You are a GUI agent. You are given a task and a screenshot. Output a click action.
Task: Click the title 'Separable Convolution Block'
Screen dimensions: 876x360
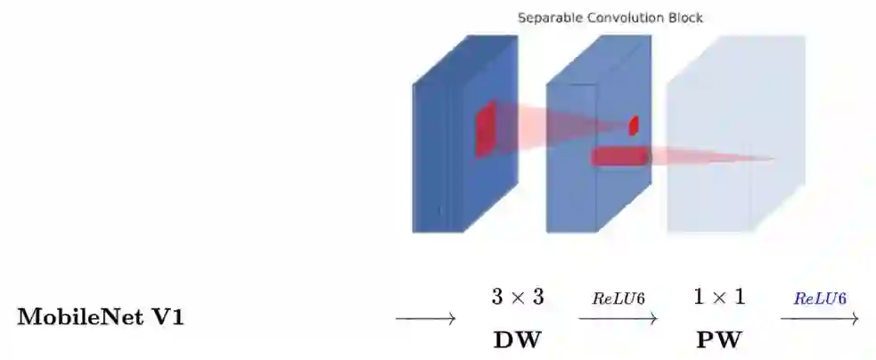(x=610, y=18)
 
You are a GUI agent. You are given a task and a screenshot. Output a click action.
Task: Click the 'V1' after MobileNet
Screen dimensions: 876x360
(x=169, y=317)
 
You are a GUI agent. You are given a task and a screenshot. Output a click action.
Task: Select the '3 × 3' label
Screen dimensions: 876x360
(x=518, y=297)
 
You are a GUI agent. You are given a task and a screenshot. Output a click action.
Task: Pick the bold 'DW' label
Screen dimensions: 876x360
(x=518, y=340)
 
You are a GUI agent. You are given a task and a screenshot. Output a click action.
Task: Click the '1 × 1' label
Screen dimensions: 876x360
(x=719, y=297)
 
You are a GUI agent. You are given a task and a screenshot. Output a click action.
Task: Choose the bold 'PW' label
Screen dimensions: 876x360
(x=719, y=340)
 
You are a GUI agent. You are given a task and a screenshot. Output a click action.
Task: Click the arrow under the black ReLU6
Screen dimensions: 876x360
(x=618, y=318)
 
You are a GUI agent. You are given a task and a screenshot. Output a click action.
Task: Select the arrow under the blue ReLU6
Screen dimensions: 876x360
(x=820, y=318)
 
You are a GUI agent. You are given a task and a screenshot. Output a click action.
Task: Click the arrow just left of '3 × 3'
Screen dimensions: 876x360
(x=425, y=318)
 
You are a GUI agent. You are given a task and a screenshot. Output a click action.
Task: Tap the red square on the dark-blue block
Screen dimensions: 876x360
(x=485, y=129)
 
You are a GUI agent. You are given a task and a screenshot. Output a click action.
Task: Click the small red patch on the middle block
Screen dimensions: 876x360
(x=634, y=126)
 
